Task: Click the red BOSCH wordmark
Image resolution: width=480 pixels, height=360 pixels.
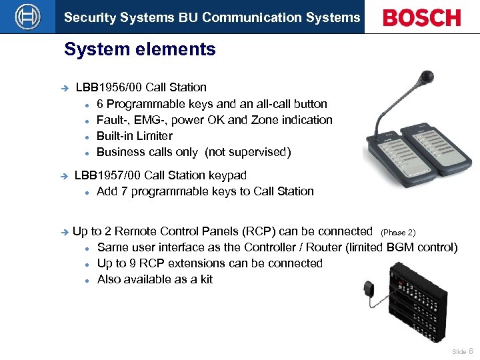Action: (421, 17)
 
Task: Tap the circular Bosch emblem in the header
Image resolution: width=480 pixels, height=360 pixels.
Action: (27, 17)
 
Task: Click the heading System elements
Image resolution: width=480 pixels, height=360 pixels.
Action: (140, 49)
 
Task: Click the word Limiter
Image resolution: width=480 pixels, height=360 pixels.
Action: (153, 136)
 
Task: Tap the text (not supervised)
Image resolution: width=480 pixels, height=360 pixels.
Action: (247, 152)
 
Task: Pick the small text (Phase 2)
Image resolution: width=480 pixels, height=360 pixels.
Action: (398, 233)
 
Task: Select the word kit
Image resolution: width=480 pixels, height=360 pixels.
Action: (207, 279)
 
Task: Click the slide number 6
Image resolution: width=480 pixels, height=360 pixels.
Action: (471, 351)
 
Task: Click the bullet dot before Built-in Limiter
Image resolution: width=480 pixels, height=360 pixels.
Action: (87, 137)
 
